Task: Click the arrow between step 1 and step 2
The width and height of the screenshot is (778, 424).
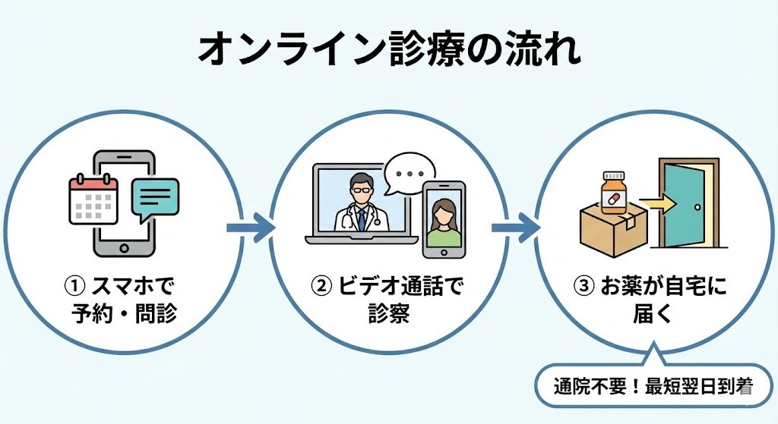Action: (249, 227)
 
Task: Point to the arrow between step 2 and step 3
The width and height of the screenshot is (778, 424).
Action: (514, 227)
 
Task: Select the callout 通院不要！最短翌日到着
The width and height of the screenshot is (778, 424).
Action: (653, 388)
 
